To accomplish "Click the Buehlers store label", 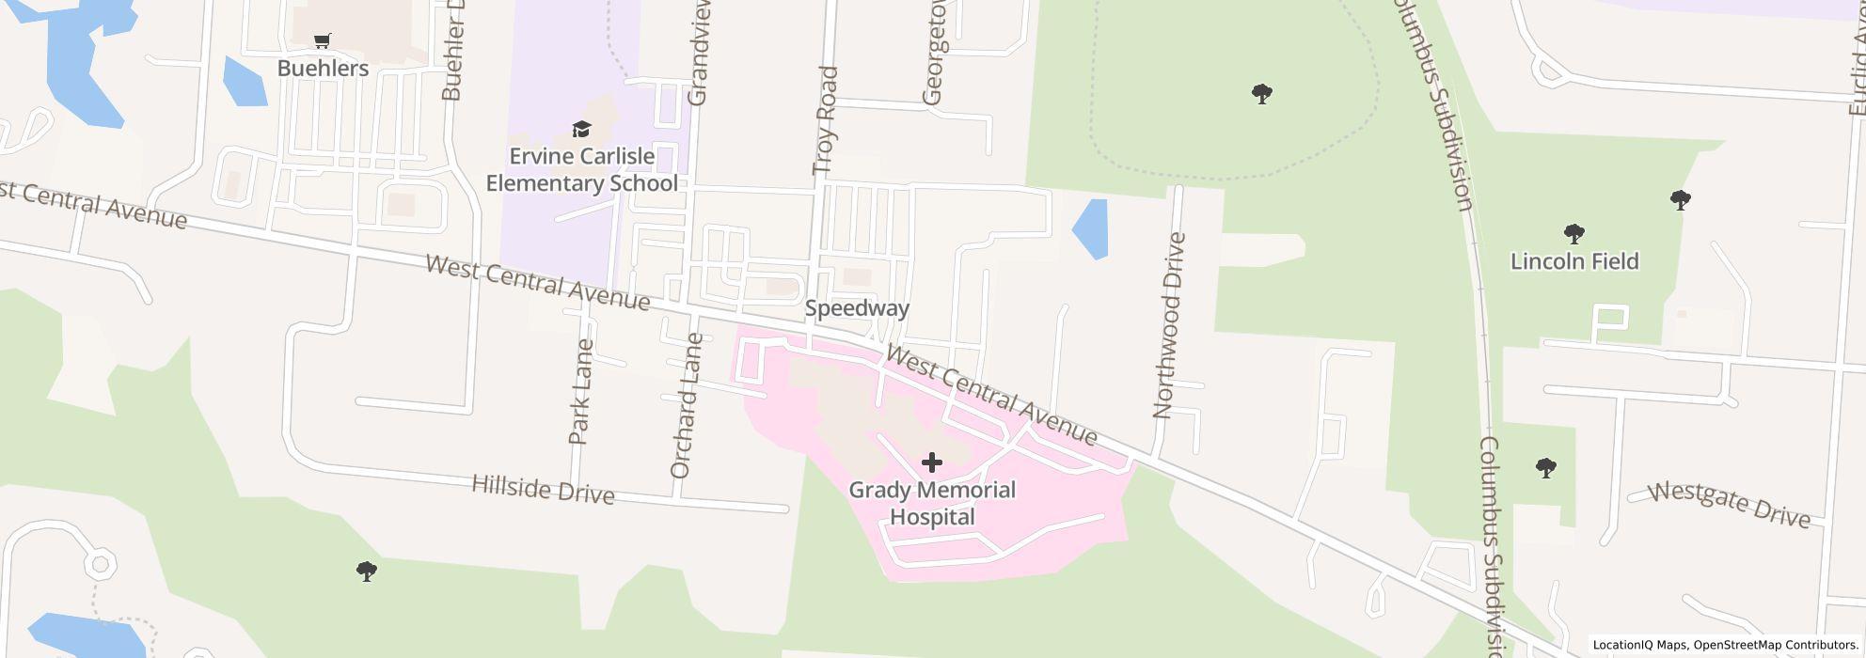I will click(323, 69).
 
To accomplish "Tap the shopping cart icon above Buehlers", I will click(323, 40).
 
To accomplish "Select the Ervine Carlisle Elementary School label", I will click(581, 170).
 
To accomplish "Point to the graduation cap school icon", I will click(581, 129).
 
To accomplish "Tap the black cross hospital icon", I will click(932, 462).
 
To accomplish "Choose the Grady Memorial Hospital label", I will click(932, 503).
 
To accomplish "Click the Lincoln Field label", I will click(1574, 261).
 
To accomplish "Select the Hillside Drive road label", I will click(543, 489).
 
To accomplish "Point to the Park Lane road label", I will click(580, 391).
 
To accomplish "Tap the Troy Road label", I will click(825, 120).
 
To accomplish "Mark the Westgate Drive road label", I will click(1730, 505).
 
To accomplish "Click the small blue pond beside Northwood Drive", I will click(1091, 228).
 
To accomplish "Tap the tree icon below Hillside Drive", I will click(367, 571).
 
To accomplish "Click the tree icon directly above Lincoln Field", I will click(1574, 233).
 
